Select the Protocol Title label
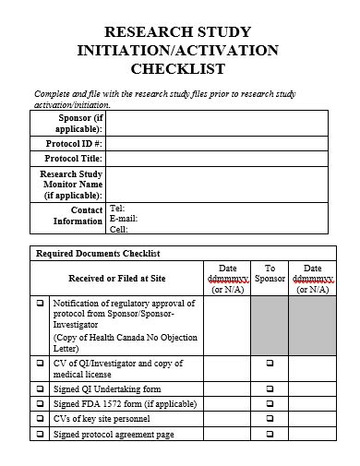click(x=73, y=159)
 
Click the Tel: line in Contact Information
click(x=117, y=209)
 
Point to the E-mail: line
click(x=124, y=219)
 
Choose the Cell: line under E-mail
click(x=119, y=230)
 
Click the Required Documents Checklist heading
click(x=98, y=253)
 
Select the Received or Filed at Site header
click(x=117, y=278)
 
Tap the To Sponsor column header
click(x=270, y=273)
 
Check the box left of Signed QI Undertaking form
click(x=41, y=389)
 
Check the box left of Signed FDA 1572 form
click(x=41, y=404)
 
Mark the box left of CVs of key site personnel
click(x=41, y=419)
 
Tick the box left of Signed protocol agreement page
click(x=41, y=434)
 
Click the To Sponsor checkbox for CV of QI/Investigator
click(x=270, y=364)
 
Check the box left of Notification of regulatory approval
click(x=41, y=303)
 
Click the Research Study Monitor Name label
click(x=71, y=185)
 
